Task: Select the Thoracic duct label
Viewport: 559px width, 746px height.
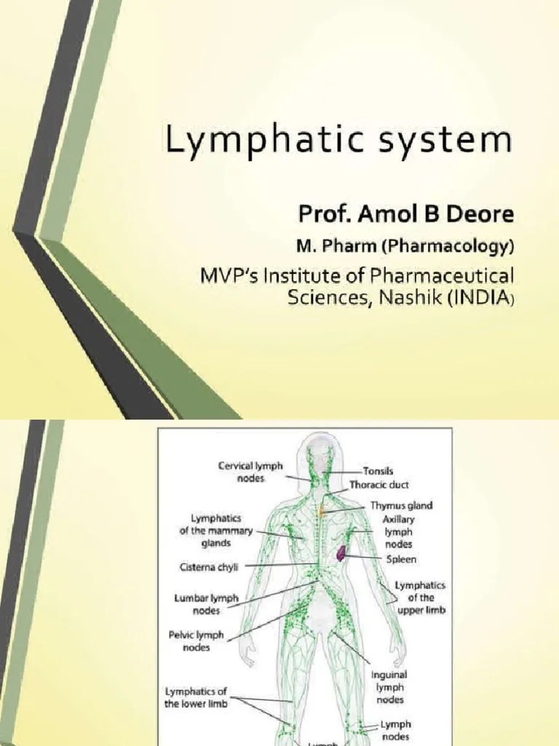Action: tap(378, 484)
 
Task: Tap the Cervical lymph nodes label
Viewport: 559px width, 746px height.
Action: tap(250, 471)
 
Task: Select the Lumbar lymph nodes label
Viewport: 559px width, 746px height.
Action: tap(206, 604)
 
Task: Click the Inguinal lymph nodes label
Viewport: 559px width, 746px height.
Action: tap(389, 687)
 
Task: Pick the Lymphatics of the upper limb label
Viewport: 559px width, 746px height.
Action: tap(419, 598)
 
